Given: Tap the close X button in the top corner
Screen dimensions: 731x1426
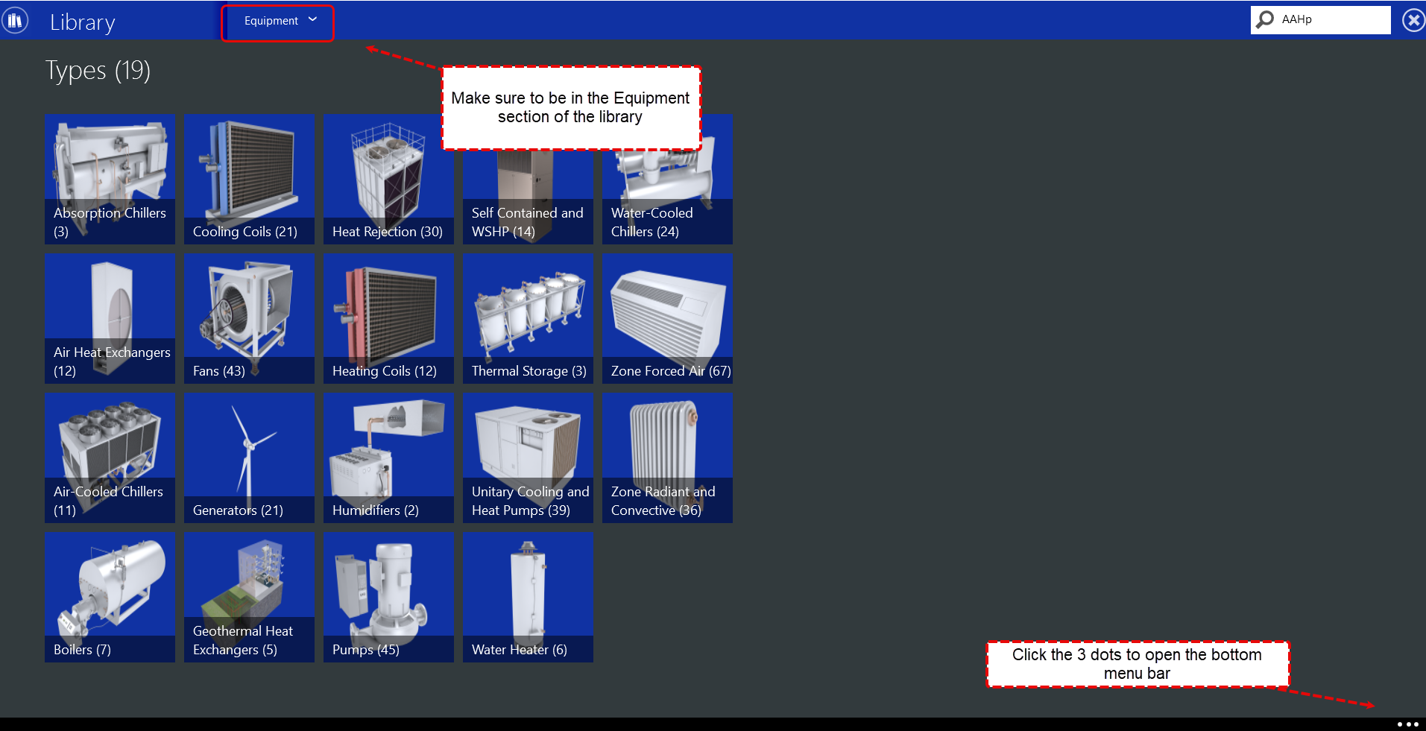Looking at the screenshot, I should pyautogui.click(x=1413, y=20).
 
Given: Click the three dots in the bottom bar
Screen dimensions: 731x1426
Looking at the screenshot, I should pyautogui.click(x=1407, y=724).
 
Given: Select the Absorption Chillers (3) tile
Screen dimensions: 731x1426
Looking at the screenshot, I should pyautogui.click(x=110, y=180).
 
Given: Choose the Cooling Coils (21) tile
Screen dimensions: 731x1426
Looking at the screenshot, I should pyautogui.click(x=249, y=180).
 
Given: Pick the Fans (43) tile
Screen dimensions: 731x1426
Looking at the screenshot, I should pyautogui.click(x=249, y=318).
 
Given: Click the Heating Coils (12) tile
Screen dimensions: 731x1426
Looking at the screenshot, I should pyautogui.click(x=388, y=318).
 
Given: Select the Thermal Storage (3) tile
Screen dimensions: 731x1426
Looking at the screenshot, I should pyautogui.click(x=528, y=318).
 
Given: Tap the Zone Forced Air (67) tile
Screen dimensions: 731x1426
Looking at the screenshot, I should pyautogui.click(x=667, y=318).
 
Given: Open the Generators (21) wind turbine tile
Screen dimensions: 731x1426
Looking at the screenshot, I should pyautogui.click(x=249, y=458).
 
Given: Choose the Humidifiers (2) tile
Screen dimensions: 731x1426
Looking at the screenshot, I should pyautogui.click(x=388, y=458).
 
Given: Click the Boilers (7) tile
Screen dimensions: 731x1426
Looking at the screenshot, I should pyautogui.click(x=110, y=597).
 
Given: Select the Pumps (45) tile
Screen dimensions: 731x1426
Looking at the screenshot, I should pyautogui.click(x=388, y=597).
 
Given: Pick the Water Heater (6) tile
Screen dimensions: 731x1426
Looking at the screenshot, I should pyautogui.click(x=528, y=597).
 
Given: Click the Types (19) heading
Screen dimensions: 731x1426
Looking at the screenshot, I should pyautogui.click(x=98, y=71).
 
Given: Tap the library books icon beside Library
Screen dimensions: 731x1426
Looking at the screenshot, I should pyautogui.click(x=15, y=20).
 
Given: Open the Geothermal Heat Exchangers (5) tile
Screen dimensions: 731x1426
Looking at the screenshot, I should pyautogui.click(x=249, y=597).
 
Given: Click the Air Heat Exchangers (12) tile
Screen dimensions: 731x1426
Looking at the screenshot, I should pyautogui.click(x=110, y=318).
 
